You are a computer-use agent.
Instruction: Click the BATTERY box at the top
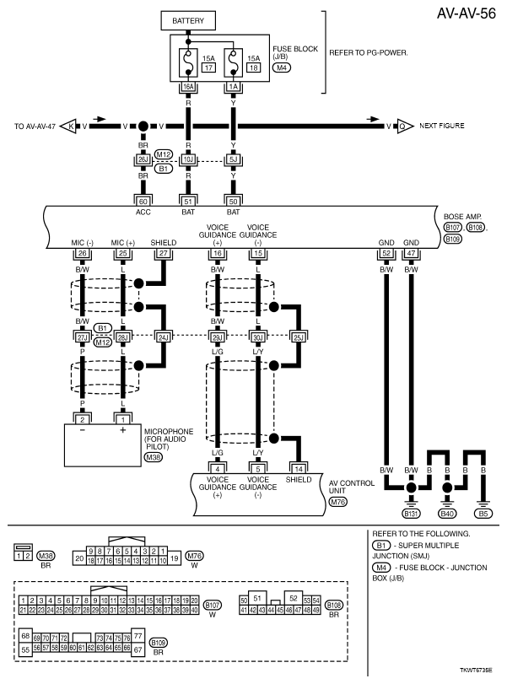point(188,20)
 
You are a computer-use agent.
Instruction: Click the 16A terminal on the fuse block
point(188,85)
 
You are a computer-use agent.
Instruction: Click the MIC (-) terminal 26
point(82,253)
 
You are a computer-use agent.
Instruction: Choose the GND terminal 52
point(386,253)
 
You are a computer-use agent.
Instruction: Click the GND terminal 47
point(411,253)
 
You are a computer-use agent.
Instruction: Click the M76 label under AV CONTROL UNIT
point(338,504)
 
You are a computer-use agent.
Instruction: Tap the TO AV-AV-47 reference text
point(37,127)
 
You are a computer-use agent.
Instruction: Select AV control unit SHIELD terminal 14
point(298,469)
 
